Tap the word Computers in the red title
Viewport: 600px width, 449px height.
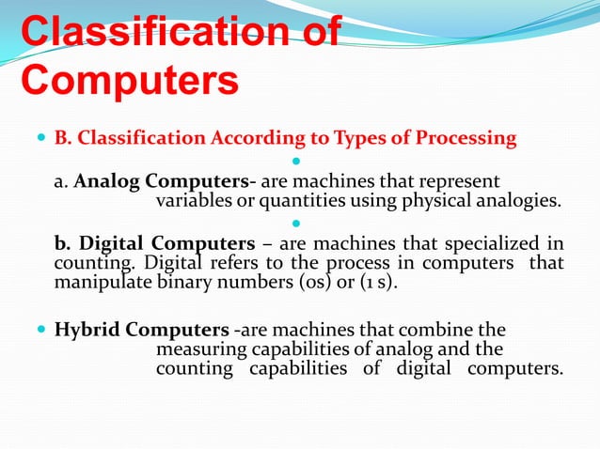(129, 80)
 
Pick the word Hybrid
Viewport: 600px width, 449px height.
(88, 330)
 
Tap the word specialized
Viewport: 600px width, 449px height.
(497, 242)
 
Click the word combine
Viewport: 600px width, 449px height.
(442, 330)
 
